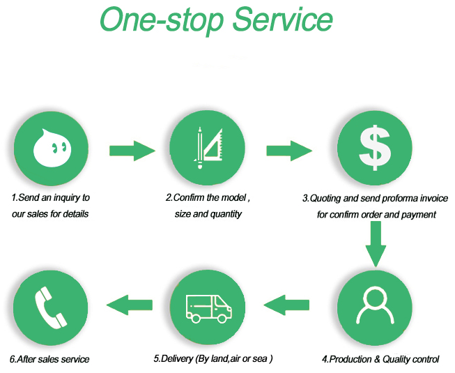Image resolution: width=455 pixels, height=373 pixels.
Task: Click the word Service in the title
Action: pyautogui.click(x=282, y=19)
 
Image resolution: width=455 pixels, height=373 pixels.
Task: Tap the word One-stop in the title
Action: pyautogui.click(x=162, y=21)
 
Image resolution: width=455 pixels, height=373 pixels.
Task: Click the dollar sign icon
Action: pyautogui.click(x=375, y=148)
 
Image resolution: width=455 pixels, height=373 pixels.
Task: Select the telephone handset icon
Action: pyautogui.click(x=51, y=307)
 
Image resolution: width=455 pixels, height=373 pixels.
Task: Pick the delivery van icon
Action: pyautogui.click(x=208, y=309)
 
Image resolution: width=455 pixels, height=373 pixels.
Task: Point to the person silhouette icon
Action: pyautogui.click(x=375, y=305)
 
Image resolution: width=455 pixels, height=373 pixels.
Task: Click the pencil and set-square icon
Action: pyautogui.click(x=208, y=148)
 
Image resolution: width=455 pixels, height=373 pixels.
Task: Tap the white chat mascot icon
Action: pyautogui.click(x=52, y=148)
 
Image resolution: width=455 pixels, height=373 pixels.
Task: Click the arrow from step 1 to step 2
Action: pyautogui.click(x=132, y=151)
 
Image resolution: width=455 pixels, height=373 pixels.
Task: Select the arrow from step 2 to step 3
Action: pyautogui.click(x=289, y=151)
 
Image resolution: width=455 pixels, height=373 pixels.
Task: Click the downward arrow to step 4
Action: pyautogui.click(x=376, y=244)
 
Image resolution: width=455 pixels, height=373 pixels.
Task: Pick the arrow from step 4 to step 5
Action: pyautogui.click(x=286, y=305)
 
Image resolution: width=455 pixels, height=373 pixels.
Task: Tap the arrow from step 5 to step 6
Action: pyautogui.click(x=130, y=305)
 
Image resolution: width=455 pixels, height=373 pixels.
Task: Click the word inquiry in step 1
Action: pyautogui.click(x=67, y=198)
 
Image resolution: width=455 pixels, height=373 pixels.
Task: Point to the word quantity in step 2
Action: pyautogui.click(x=226, y=215)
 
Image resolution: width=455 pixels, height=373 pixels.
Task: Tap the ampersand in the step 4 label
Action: pyautogui.click(x=377, y=359)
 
